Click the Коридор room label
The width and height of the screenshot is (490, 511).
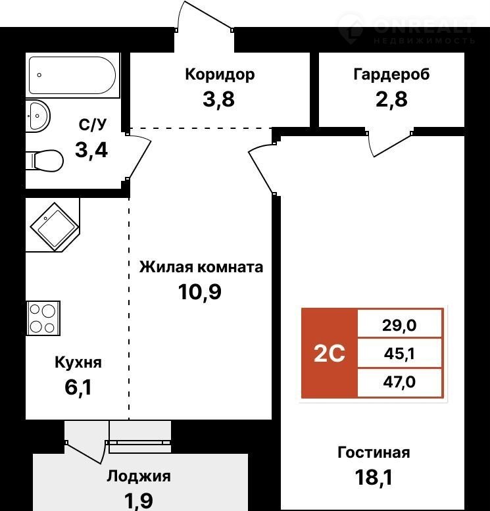click(x=220, y=75)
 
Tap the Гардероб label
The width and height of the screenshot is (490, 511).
click(x=391, y=74)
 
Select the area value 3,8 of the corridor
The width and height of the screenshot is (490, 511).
click(x=218, y=99)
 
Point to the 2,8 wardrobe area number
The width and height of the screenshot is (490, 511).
click(x=391, y=99)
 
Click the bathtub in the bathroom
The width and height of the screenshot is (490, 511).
click(x=72, y=75)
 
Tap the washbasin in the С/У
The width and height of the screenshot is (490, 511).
click(x=38, y=116)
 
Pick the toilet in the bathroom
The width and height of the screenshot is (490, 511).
click(x=45, y=160)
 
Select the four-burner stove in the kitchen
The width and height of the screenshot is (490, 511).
click(x=43, y=318)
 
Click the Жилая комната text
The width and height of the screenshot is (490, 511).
click(x=201, y=267)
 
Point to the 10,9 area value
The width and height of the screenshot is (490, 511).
click(x=199, y=292)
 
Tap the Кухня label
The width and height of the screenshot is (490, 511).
click(x=78, y=363)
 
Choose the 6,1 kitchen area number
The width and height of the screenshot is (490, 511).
click(x=78, y=387)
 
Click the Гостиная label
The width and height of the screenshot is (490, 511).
click(x=374, y=452)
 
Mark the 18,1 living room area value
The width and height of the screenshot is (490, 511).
click(x=374, y=477)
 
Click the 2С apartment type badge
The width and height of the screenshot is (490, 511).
click(x=330, y=353)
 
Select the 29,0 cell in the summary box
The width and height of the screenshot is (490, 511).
click(x=399, y=326)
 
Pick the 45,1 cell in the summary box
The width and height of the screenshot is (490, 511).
click(x=399, y=354)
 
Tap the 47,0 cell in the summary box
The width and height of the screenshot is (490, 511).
click(x=399, y=382)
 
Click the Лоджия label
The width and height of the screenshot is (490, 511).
click(x=139, y=476)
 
